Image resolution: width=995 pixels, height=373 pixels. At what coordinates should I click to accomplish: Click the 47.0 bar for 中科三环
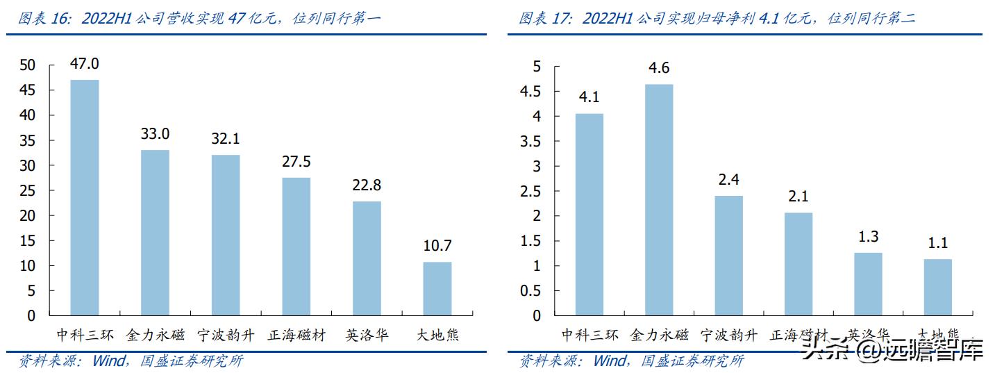pos(85,197)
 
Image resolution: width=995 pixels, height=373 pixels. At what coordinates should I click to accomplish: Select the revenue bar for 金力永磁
pos(155,233)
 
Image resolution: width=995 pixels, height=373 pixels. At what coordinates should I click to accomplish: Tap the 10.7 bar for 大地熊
pos(437,288)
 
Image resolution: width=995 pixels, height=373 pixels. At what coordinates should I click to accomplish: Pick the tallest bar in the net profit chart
pos(659,199)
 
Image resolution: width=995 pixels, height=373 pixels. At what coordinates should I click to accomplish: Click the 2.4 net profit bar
pos(728,256)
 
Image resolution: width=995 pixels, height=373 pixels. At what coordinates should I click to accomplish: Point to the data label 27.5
pos(296,162)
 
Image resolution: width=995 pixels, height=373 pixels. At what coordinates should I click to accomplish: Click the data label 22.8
pos(367,185)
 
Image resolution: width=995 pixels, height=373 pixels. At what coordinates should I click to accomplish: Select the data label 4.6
pos(659,68)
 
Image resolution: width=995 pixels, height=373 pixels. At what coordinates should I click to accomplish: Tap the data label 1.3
pos(868,237)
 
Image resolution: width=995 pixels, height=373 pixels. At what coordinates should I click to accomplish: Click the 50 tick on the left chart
pos(27,65)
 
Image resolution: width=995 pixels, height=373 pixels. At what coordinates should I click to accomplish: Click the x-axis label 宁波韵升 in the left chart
pos(226,335)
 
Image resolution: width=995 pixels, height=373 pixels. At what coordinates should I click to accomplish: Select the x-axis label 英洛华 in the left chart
pos(367,335)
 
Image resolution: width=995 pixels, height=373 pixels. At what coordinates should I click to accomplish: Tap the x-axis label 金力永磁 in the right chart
pos(659,335)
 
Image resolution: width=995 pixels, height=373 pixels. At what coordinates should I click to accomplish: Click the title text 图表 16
pos(47,19)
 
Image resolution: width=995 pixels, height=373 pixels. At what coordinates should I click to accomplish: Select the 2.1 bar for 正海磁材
pos(798,264)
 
